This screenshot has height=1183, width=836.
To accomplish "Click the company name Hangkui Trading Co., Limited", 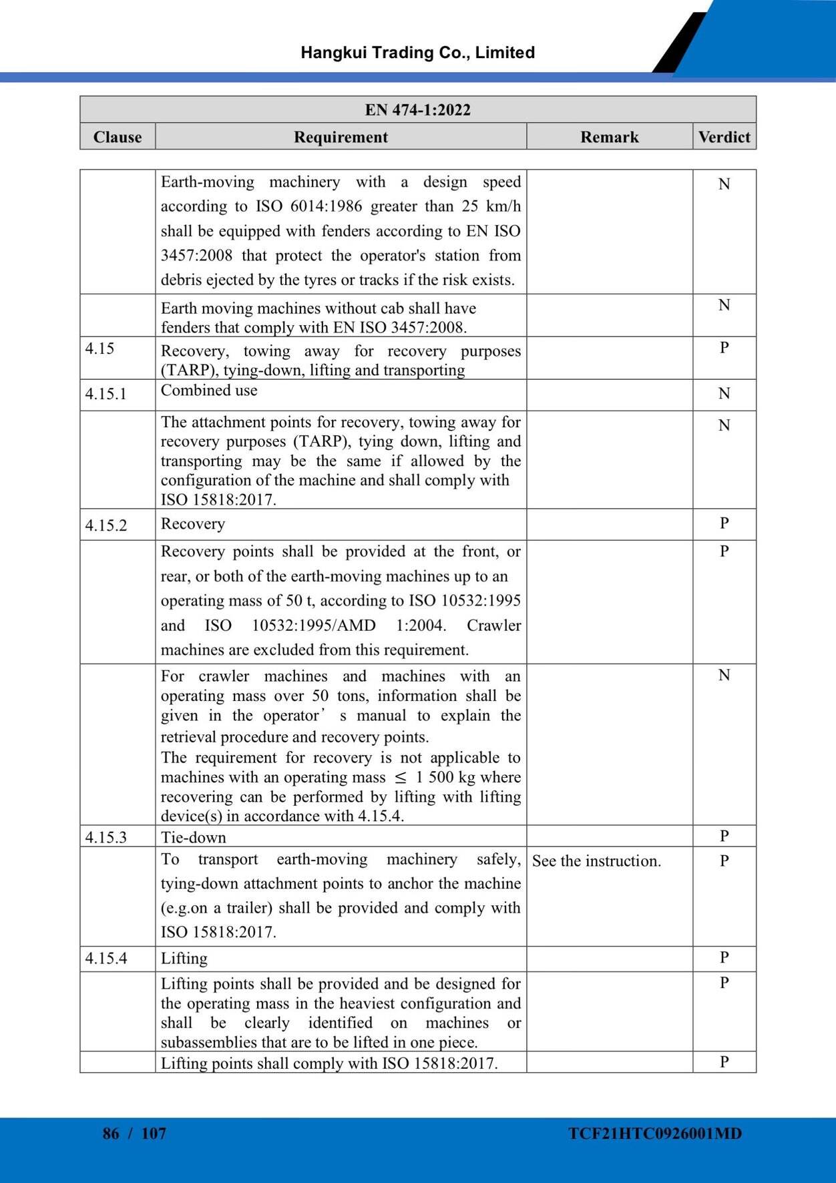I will [417, 53].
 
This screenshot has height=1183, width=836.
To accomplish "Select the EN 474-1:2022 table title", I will [417, 109].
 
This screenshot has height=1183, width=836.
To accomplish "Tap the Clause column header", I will [118, 137].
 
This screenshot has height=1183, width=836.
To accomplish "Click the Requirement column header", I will [341, 137].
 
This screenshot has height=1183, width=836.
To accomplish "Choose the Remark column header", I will [609, 137].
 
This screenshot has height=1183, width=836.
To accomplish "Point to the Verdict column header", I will [724, 137].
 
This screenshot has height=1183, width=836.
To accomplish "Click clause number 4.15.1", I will [106, 394].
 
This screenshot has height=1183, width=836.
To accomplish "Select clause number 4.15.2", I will [106, 525].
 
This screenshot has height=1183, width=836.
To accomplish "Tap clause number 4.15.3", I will [106, 837].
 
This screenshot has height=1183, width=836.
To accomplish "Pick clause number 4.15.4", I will [106, 959].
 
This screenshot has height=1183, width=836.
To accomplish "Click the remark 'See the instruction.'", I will [596, 861].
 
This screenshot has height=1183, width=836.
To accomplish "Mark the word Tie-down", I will [194, 837].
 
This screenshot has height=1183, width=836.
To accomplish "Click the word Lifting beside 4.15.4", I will [184, 959].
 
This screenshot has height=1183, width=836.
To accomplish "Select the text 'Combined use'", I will [209, 391].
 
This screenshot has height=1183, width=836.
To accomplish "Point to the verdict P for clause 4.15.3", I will [724, 836].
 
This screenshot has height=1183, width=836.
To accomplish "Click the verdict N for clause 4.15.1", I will [724, 394].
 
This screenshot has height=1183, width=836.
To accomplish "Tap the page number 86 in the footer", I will [111, 1134].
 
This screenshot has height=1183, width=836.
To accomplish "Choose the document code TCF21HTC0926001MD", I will [655, 1134].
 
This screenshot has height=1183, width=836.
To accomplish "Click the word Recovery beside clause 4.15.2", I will [193, 524].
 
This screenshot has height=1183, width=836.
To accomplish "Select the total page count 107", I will [154, 1134].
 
